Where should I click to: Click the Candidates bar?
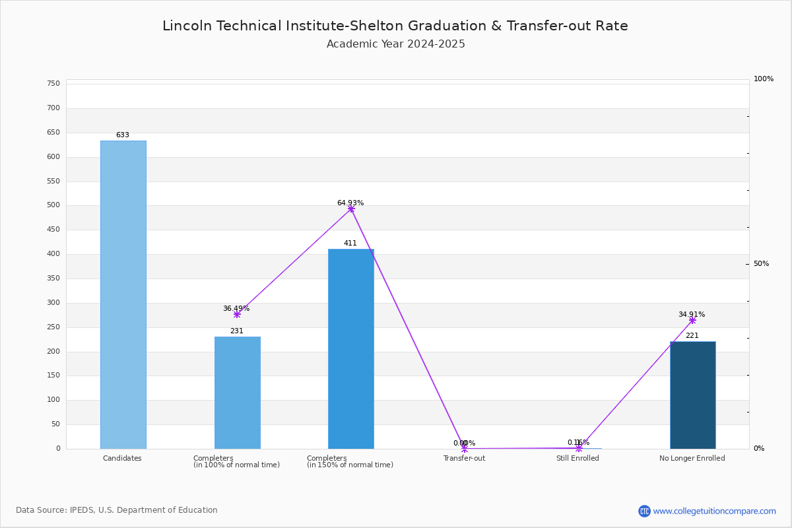point(123,294)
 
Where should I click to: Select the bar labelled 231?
point(237,393)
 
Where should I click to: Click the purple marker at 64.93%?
point(351,209)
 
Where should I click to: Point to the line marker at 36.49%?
point(237,315)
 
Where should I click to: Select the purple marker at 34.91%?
point(692,320)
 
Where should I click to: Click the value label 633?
point(123,135)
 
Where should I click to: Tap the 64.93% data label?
point(350,203)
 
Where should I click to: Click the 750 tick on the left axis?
point(53,84)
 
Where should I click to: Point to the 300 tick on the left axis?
point(53,303)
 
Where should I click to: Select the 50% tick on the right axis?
point(761,264)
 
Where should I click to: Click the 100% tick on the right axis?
point(764,79)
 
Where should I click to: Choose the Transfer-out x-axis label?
point(464,459)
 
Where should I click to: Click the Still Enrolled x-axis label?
point(577,459)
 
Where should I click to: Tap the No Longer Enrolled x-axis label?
point(692,459)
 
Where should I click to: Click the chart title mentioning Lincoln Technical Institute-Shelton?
point(395,26)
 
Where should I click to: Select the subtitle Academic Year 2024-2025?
point(395,44)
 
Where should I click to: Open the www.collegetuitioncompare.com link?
point(714,511)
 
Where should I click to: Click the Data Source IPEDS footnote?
point(117,510)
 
